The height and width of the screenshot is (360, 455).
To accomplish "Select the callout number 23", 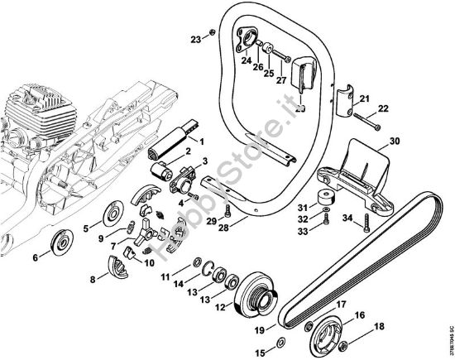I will coord(194,39).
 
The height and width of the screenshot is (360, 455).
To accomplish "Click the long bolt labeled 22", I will coord(365,125).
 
